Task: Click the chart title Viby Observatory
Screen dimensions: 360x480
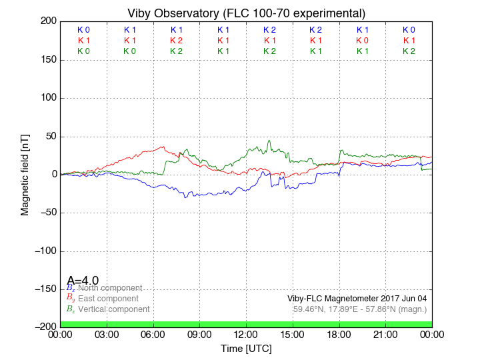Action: [246, 13]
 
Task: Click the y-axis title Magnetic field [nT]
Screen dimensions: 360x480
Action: [25, 173]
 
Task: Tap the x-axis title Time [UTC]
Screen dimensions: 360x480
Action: [246, 349]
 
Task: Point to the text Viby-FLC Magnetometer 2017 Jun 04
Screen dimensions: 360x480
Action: [357, 299]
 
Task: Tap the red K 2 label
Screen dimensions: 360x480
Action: [176, 41]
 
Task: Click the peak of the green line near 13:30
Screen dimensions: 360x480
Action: [269, 141]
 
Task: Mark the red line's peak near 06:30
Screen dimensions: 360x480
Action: [163, 147]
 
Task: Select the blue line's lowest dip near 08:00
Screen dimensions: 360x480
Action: [186, 197]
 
